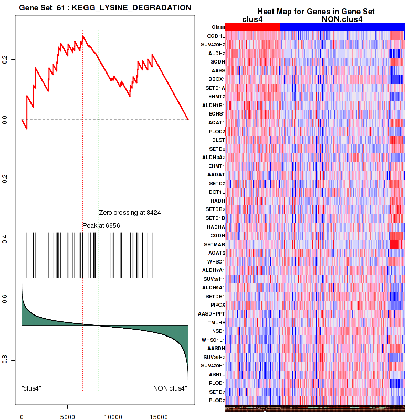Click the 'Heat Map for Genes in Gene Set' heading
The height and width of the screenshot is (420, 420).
(315, 12)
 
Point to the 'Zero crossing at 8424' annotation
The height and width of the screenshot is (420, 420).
(130, 213)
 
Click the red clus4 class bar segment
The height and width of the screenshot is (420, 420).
(253, 27)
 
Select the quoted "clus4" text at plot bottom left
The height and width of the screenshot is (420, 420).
(31, 388)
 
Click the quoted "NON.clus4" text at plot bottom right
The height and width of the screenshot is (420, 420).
(169, 388)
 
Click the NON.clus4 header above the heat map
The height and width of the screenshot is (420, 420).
(342, 19)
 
